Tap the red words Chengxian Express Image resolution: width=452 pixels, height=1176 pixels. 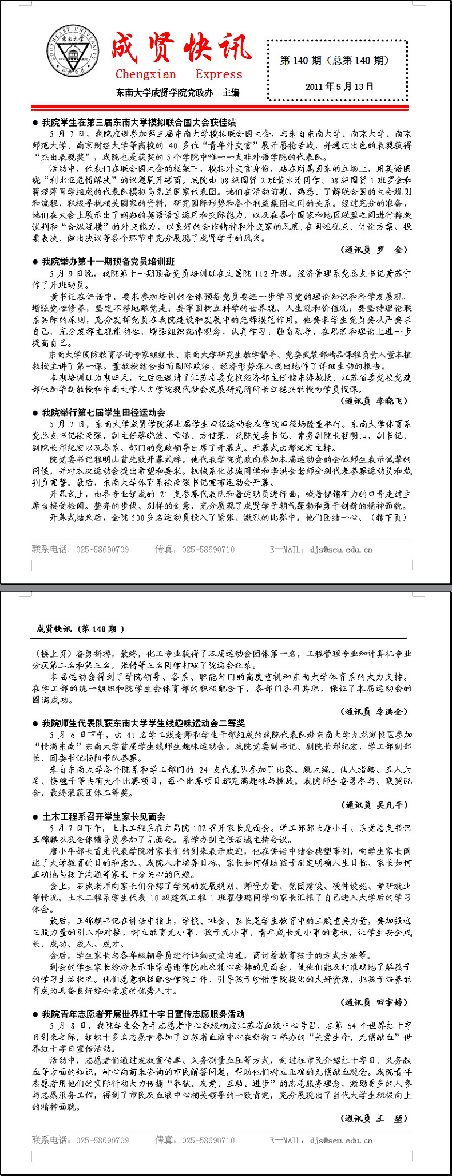click(179, 74)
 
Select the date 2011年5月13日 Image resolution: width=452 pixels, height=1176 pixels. click(339, 86)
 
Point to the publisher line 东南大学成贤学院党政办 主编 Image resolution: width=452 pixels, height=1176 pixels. click(177, 92)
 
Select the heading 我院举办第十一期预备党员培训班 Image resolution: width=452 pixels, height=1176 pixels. click(108, 261)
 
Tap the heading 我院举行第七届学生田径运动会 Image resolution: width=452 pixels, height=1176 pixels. click(104, 412)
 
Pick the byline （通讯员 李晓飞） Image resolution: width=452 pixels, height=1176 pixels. click(374, 401)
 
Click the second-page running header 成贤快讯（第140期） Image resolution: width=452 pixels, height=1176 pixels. click(80, 629)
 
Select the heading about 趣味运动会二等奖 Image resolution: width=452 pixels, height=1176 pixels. click(143, 723)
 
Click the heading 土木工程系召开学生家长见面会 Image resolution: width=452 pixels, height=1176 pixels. click(104, 816)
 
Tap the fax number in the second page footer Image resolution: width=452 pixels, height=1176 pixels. click(195, 1140)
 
